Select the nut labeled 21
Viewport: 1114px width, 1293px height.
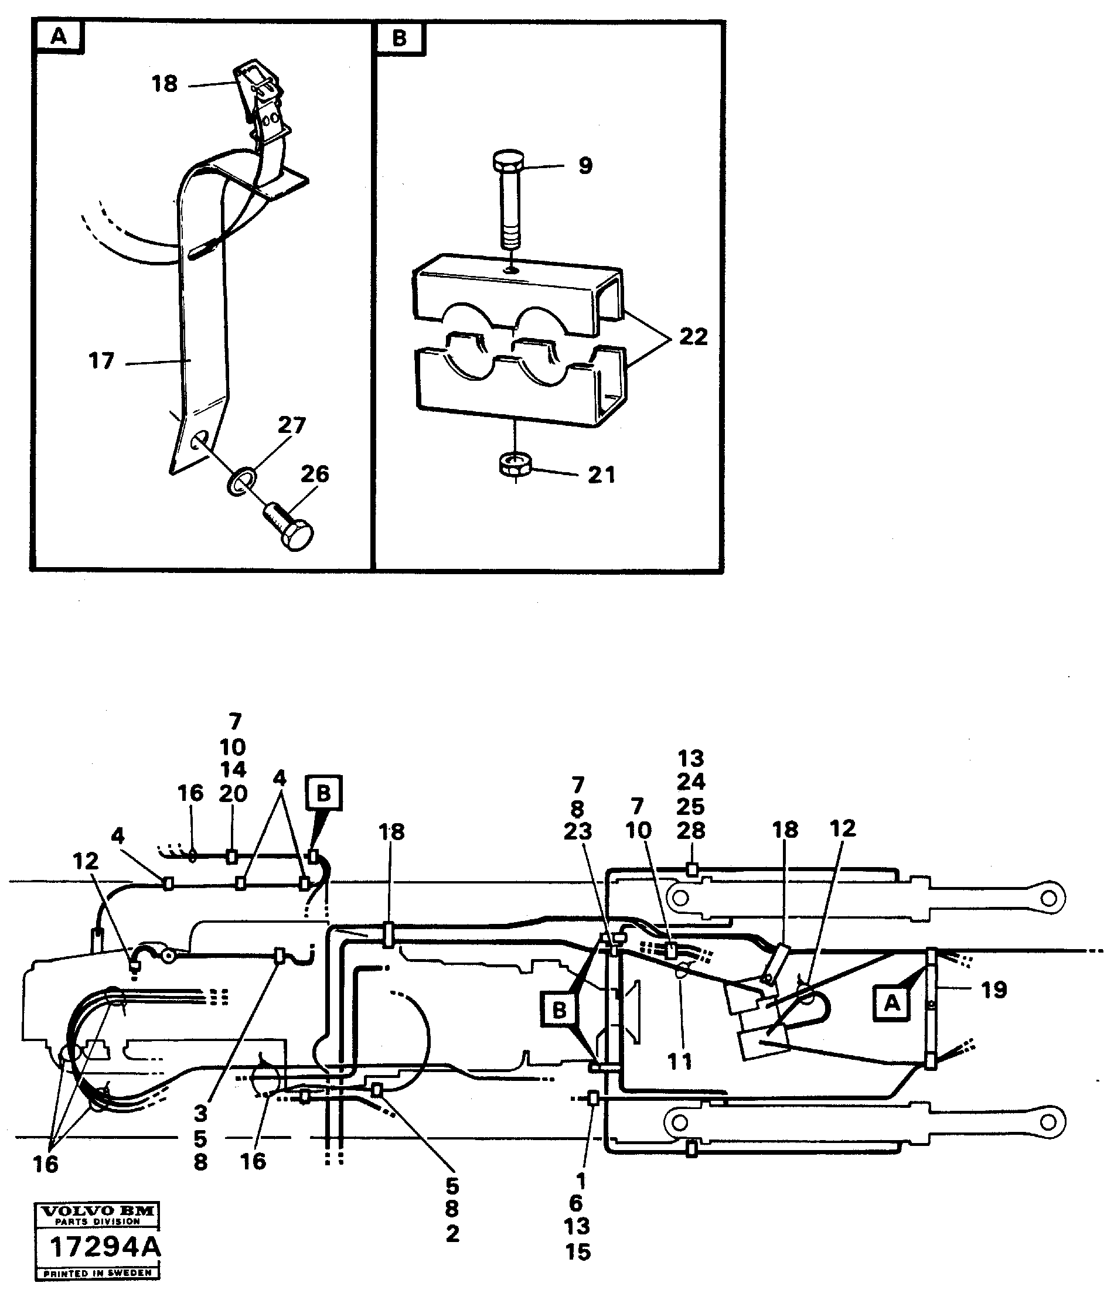(515, 465)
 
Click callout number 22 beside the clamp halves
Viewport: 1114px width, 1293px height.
(693, 337)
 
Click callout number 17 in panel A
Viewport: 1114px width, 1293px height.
(102, 361)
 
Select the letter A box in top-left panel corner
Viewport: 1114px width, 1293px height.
(59, 37)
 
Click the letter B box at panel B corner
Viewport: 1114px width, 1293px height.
(400, 39)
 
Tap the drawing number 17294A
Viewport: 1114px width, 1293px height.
(105, 1247)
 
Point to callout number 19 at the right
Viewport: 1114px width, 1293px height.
(993, 990)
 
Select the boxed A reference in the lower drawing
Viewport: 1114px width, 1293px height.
(892, 1003)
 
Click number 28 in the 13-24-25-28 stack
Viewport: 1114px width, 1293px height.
(691, 831)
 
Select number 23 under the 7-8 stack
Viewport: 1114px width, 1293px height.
(577, 831)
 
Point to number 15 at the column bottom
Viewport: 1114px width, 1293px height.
(578, 1252)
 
